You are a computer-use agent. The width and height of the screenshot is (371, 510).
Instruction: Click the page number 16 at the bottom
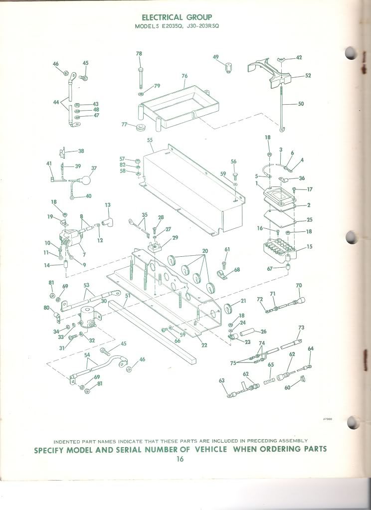[x=180, y=459]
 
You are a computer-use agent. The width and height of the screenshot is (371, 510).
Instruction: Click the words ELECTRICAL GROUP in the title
[x=177, y=17]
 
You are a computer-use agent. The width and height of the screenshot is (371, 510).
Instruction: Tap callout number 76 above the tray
[x=185, y=76]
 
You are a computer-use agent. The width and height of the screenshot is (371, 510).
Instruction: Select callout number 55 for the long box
[x=150, y=140]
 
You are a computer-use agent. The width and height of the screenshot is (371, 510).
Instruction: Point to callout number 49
[x=216, y=57]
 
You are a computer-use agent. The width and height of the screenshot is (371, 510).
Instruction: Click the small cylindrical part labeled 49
[x=228, y=67]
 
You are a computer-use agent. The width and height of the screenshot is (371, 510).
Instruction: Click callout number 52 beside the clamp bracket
[x=308, y=75]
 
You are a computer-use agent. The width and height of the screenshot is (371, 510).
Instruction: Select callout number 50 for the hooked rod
[x=301, y=104]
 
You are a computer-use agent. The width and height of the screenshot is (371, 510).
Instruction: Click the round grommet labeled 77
[x=140, y=126]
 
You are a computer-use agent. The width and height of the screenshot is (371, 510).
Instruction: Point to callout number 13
[x=108, y=205]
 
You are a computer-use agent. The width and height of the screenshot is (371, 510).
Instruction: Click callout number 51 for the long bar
[x=128, y=296]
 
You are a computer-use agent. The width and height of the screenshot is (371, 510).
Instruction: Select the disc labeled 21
[x=230, y=308]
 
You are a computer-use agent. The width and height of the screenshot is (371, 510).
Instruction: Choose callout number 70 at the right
[x=299, y=286]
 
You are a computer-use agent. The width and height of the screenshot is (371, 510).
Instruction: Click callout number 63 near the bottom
[x=221, y=380]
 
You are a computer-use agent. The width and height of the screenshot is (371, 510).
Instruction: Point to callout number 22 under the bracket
[x=204, y=345]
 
